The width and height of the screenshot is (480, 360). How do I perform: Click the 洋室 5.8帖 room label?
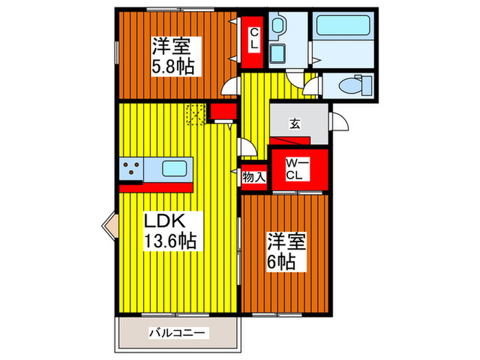(172, 57)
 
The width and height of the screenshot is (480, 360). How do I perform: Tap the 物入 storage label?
(254, 176)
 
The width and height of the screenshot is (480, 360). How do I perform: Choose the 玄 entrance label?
(294, 124)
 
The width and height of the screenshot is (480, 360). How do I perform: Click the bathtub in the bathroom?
(343, 28)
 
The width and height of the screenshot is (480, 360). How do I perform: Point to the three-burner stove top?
(132, 169)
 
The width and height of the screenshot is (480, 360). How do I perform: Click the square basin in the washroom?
(279, 53)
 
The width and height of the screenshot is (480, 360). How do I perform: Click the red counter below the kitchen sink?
(156, 186)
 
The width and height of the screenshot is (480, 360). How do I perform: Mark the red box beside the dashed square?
(221, 111)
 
